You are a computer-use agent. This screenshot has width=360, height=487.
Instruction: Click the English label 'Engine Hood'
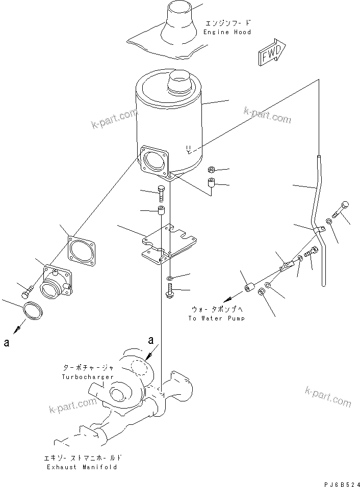pos(227,32)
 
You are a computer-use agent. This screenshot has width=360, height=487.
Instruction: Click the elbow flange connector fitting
pos(56,283)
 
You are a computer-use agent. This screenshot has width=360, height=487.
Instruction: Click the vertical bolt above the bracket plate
pos(161,193)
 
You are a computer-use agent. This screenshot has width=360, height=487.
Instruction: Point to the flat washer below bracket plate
pos(169,279)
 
